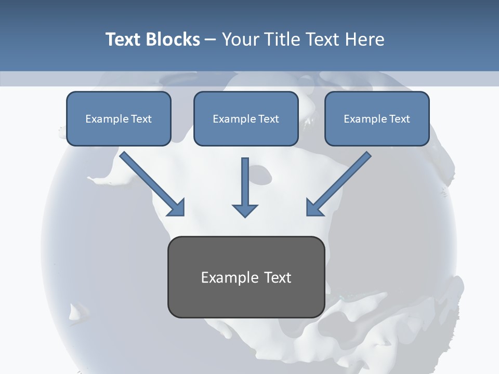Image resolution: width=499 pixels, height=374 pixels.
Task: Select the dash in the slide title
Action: tap(211, 39)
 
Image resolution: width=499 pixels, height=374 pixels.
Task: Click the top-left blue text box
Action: tap(119, 118)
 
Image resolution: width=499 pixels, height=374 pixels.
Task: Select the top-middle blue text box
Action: tap(246, 118)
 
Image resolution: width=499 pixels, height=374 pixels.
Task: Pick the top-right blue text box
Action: tap(377, 118)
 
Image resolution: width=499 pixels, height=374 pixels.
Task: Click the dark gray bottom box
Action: tap(246, 277)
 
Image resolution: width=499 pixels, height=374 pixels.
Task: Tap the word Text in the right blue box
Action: tap(399, 119)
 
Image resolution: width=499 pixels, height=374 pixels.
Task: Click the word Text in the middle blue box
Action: tap(268, 119)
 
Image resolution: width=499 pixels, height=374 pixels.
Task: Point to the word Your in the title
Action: tap(239, 39)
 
